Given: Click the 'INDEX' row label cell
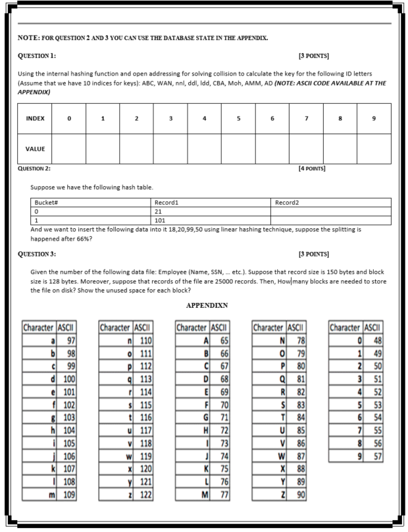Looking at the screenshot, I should click(x=35, y=119).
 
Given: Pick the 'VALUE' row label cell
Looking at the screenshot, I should click(x=35, y=149).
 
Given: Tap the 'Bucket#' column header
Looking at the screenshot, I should click(x=47, y=203).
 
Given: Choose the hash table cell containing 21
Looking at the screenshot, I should click(x=159, y=212).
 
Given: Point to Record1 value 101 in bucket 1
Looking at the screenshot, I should click(x=160, y=221).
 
